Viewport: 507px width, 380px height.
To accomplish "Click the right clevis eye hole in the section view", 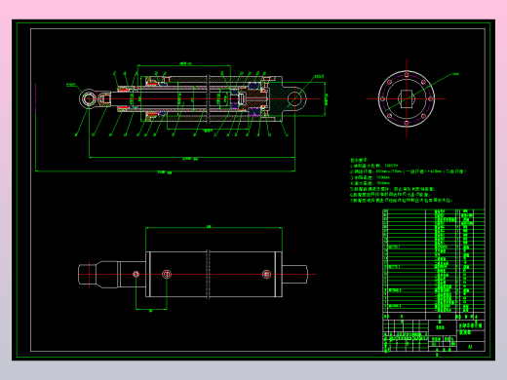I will (296, 97).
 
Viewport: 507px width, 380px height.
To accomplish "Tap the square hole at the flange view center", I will (408, 97).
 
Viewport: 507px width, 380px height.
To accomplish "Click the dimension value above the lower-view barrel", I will (209, 226).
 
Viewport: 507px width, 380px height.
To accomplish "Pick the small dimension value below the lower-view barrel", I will (151, 311).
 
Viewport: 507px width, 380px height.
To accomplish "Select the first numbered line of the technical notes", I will (379, 166).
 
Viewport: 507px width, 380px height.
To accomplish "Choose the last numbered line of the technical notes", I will (400, 200).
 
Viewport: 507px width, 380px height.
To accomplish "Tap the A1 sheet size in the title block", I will (470, 344).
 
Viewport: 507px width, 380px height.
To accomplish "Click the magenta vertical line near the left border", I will (34, 107).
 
